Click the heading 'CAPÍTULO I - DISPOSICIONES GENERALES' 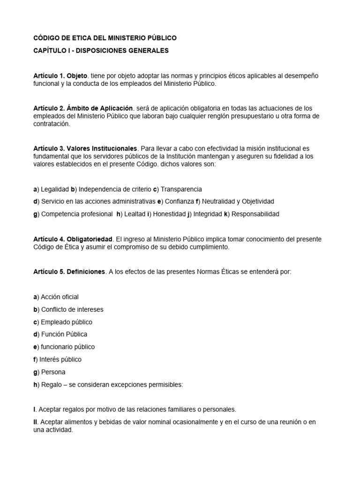tap(101, 50)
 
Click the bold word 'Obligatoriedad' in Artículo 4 tap(90, 239)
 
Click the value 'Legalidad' tap(55, 189)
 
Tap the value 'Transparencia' tap(181, 189)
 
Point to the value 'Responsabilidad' tap(256, 214)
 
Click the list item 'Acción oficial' tap(60, 297)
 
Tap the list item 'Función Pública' tap(64, 334)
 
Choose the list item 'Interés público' tap(60, 360)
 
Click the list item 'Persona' tap(53, 372)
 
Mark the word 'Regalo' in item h tap(52, 385)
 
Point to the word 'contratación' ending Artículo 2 tap(51, 124)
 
